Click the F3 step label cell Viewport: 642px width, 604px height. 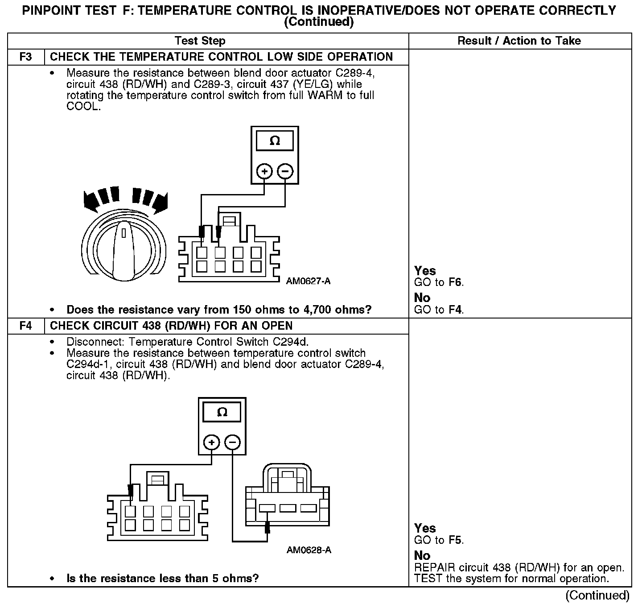click(x=26, y=57)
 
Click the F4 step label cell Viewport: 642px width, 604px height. click(x=26, y=326)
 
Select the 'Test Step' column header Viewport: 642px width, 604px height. click(x=200, y=41)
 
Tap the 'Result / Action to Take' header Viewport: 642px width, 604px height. click(x=519, y=41)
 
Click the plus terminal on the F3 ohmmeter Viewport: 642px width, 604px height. click(x=264, y=171)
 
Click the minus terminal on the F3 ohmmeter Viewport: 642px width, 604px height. click(x=285, y=171)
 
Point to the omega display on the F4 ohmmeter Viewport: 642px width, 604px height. click(x=222, y=413)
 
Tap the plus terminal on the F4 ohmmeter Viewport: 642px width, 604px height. click(x=212, y=443)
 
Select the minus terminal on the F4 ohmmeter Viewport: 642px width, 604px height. click(x=232, y=443)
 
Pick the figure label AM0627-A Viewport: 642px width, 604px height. click(x=309, y=281)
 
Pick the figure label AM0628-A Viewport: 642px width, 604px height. click(x=309, y=550)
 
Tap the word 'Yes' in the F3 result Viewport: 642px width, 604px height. click(x=425, y=271)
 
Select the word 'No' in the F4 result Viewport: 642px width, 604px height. click(x=422, y=555)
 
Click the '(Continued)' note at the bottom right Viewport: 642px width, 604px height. click(x=597, y=596)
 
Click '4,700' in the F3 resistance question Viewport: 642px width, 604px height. click(x=297, y=310)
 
